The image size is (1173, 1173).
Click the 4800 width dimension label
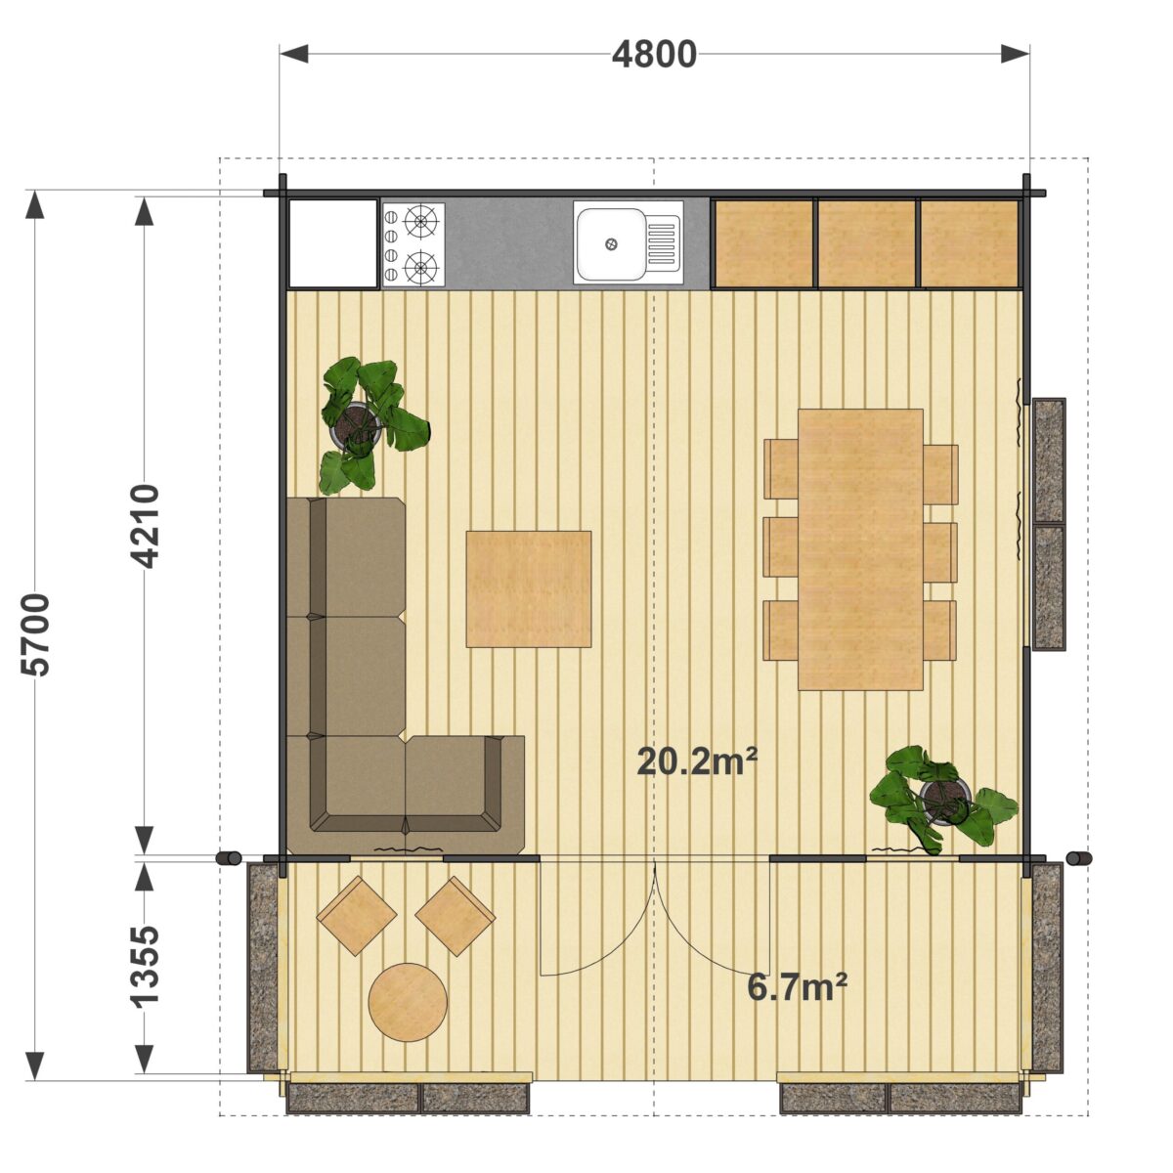(654, 55)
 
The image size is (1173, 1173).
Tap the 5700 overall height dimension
(34, 634)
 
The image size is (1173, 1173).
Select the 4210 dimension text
(145, 526)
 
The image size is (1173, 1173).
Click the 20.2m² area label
(697, 761)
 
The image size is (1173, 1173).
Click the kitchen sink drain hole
(611, 244)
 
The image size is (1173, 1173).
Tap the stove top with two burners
(413, 244)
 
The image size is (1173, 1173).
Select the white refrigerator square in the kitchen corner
(332, 242)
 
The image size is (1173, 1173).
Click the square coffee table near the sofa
(529, 588)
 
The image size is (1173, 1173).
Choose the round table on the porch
(408, 1003)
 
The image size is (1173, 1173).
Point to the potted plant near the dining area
(942, 800)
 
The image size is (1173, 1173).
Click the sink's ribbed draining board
(661, 244)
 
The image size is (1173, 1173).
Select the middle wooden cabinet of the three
(865, 242)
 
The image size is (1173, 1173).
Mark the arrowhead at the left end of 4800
(293, 55)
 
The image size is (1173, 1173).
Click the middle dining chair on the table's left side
(781, 546)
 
